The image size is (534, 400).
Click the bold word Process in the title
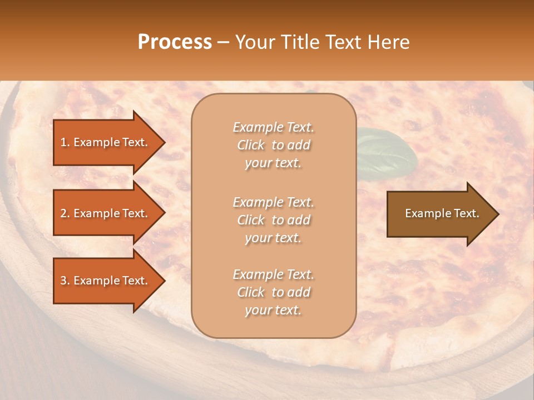(175, 42)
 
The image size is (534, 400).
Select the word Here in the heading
(389, 42)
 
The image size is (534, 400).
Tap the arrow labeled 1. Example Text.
(106, 142)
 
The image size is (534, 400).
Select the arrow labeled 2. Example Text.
(106, 213)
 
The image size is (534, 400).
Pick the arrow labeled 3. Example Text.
(106, 281)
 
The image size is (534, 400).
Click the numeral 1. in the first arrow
(65, 142)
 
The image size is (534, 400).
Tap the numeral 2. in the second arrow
(65, 213)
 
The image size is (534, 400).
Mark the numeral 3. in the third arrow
(65, 281)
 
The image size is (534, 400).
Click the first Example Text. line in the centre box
(273, 127)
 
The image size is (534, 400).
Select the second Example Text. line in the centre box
(273, 202)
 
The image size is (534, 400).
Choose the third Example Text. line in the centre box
(273, 274)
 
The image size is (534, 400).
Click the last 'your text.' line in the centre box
(273, 310)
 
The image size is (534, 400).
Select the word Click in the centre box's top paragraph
(251, 145)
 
